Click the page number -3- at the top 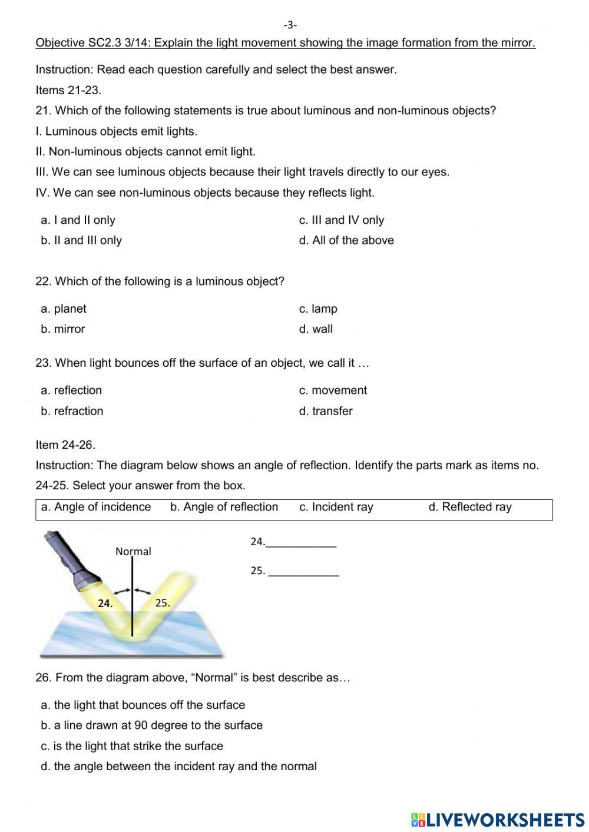coord(290,25)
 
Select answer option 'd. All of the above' coord(346,240)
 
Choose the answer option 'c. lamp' coord(318,309)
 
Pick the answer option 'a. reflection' coord(71,390)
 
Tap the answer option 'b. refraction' coord(72,411)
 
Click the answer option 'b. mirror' coord(63,329)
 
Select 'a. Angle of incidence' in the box coord(96,507)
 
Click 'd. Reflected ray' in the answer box coord(470,507)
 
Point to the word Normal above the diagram coord(133,552)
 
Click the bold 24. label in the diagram coord(105,604)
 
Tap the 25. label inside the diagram coord(163,603)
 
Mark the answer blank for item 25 coord(303,571)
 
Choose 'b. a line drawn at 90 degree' coord(152,725)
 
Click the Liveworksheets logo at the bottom coord(498,819)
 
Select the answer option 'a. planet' coord(64,309)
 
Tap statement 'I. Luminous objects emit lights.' coord(117,131)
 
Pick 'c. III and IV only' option coord(342,220)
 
